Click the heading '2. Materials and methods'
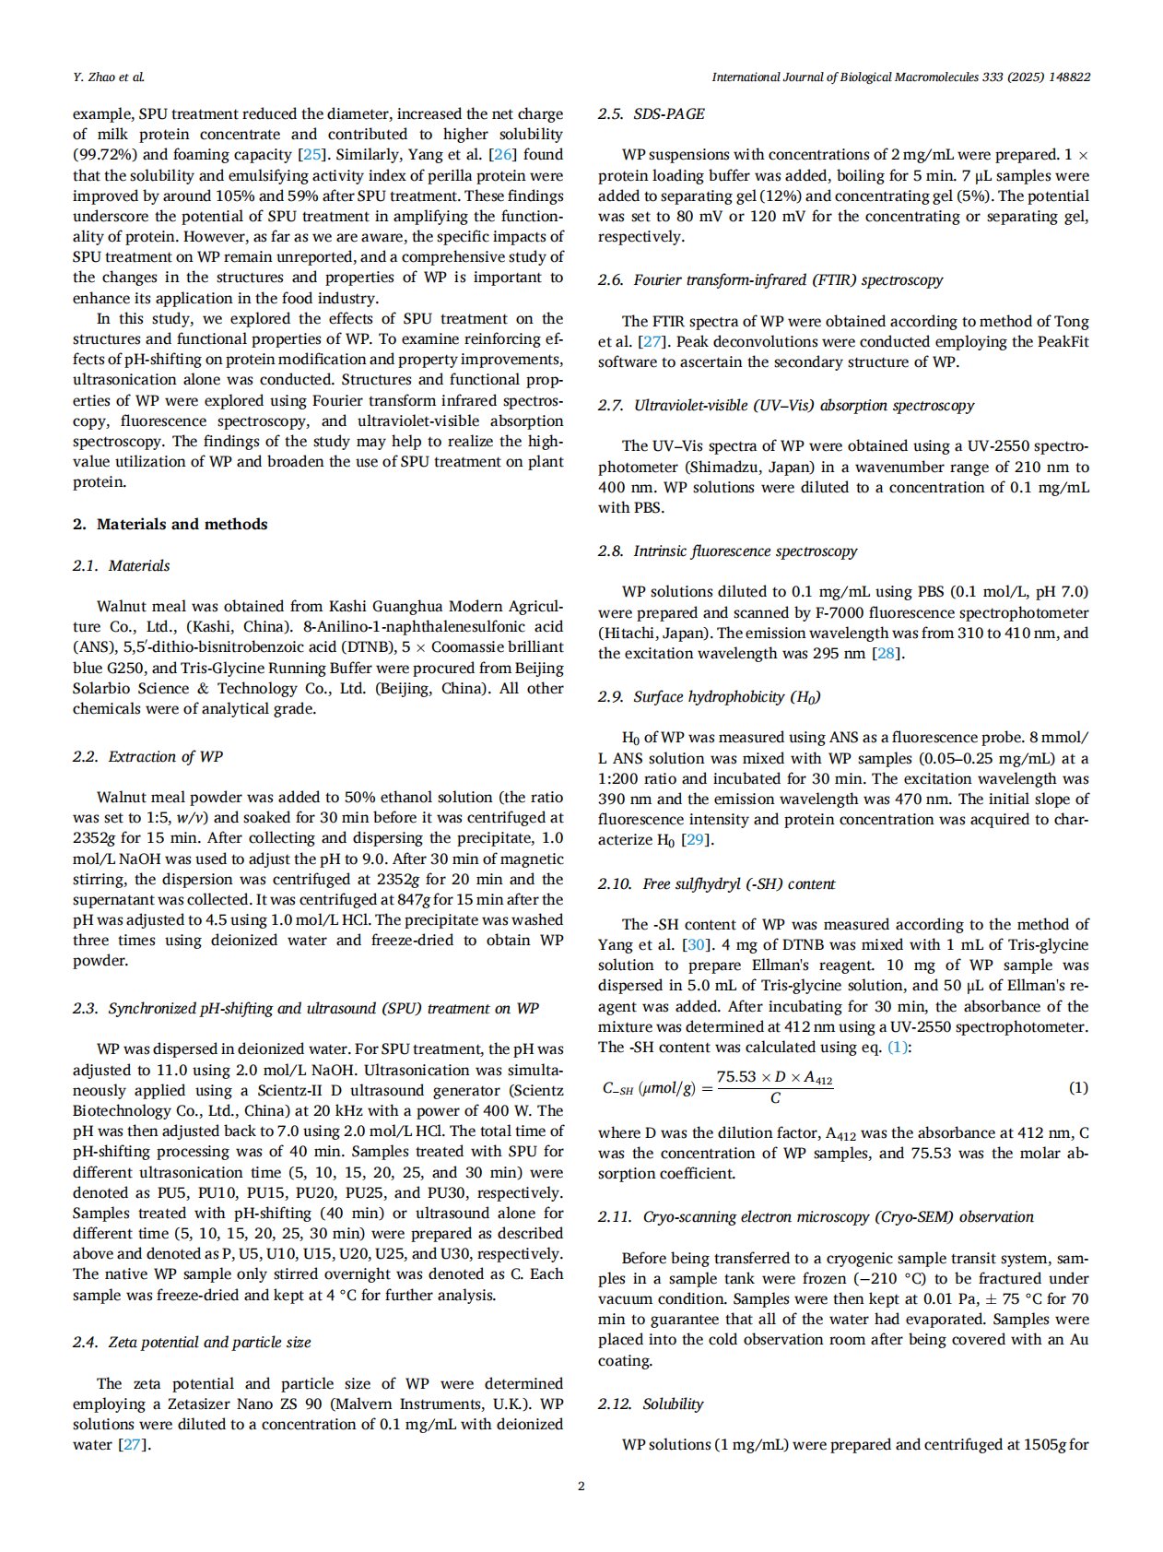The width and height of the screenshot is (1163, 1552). click(170, 524)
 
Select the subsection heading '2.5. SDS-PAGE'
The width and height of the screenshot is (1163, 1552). click(651, 113)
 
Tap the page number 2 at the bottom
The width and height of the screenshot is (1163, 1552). click(581, 1486)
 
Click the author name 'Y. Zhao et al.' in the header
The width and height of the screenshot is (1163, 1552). click(109, 77)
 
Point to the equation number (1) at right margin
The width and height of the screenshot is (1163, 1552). click(1078, 1087)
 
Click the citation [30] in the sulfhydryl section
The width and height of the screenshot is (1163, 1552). click(696, 944)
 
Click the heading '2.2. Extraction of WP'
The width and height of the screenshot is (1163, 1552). click(147, 756)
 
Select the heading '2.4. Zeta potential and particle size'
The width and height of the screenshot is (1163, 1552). click(192, 1342)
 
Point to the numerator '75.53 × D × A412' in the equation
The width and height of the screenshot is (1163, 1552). click(775, 1077)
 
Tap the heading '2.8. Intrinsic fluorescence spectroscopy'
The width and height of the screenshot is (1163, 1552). click(727, 551)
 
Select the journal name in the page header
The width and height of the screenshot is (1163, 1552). click(901, 77)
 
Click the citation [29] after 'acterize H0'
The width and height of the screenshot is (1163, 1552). click(699, 839)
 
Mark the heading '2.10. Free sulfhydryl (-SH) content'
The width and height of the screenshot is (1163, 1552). click(716, 883)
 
